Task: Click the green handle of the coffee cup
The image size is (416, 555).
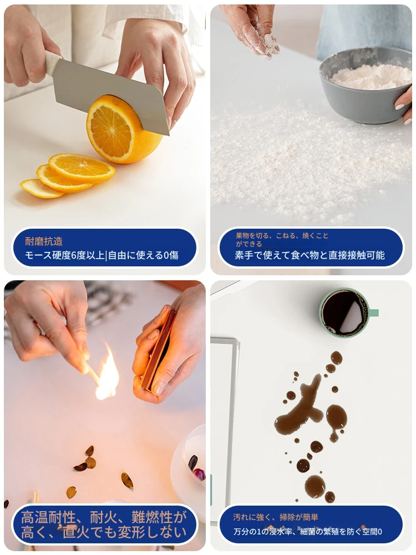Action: (x=373, y=313)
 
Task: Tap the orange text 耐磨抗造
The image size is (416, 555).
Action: (x=44, y=241)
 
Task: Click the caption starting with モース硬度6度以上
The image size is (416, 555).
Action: (x=102, y=255)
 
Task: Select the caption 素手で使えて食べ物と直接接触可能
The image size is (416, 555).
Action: (x=310, y=255)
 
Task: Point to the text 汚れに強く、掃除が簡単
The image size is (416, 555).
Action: (x=276, y=517)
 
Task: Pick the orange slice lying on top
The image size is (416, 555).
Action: (x=82, y=168)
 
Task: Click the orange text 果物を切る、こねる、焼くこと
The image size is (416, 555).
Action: (x=282, y=236)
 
